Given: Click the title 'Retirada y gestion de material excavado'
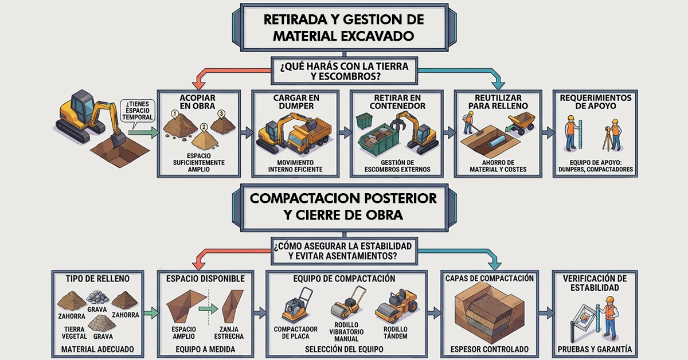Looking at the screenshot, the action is pyautogui.click(x=343, y=28).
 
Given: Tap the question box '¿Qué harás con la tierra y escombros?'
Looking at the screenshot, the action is pyautogui.click(x=345, y=71).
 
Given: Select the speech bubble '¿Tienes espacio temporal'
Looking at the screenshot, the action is pyautogui.click(x=137, y=111).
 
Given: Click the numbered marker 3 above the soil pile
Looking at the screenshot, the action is pyautogui.click(x=221, y=114).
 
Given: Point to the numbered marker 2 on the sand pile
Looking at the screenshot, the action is pyautogui.click(x=204, y=127).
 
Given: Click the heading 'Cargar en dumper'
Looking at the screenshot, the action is pyautogui.click(x=296, y=101).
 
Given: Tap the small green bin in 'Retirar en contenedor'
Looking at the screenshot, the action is pyautogui.click(x=364, y=120).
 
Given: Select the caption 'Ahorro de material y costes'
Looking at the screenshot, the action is pyautogui.click(x=498, y=166).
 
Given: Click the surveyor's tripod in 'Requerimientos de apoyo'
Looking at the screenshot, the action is pyautogui.click(x=607, y=140).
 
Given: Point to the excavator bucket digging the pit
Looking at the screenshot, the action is pyautogui.click(x=118, y=140).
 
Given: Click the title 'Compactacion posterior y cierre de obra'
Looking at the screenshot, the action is pyautogui.click(x=343, y=206).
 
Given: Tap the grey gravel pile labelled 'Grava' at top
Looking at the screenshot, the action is pyautogui.click(x=97, y=298).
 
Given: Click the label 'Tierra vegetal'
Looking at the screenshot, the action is pyautogui.click(x=75, y=333).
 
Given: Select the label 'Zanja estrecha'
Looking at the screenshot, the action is pyautogui.click(x=229, y=333).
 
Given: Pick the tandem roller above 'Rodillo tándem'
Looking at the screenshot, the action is pyautogui.click(x=396, y=306).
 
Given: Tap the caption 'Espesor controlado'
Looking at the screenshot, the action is pyautogui.click(x=490, y=349).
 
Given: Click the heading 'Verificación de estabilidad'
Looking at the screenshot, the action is pyautogui.click(x=595, y=283).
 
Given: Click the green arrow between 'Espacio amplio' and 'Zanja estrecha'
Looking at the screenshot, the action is pyautogui.click(x=208, y=308).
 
